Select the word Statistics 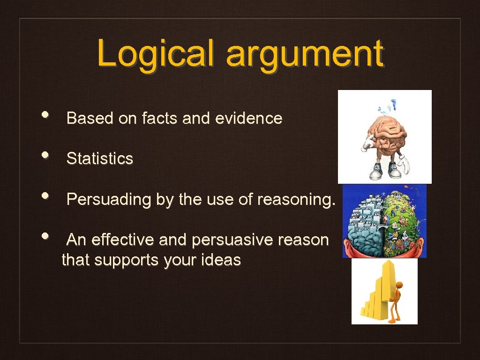(x=100, y=158)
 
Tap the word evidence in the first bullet (x=248, y=118)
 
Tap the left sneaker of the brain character (x=375, y=172)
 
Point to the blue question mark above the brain (x=394, y=103)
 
